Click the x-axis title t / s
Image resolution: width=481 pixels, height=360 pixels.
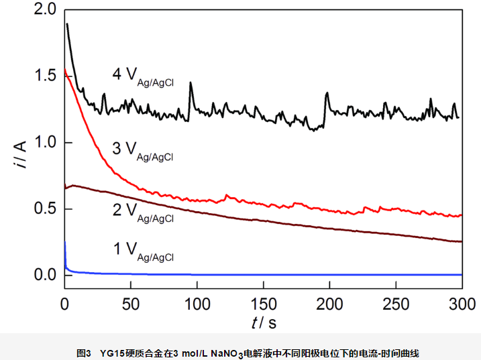(264, 322)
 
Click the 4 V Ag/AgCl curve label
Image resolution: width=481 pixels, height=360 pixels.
(142, 76)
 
